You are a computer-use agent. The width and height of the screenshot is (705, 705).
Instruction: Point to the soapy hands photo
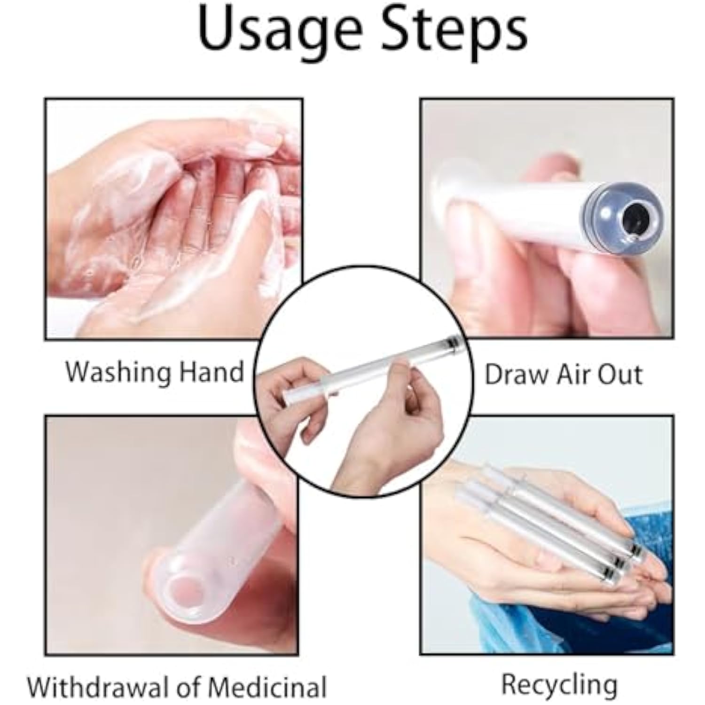tap(173, 219)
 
